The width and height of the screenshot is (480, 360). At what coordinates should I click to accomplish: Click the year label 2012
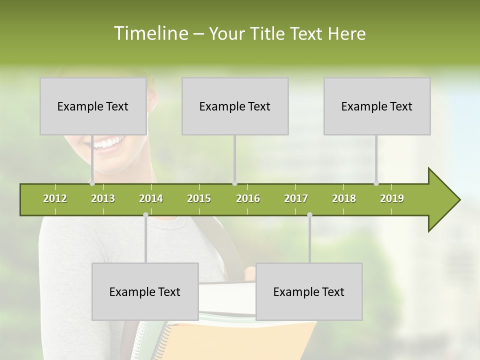[55, 198]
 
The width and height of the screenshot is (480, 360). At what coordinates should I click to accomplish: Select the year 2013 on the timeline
[103, 198]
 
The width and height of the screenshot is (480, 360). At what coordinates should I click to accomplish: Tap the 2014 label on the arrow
[151, 198]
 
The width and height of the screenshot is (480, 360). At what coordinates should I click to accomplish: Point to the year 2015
[199, 198]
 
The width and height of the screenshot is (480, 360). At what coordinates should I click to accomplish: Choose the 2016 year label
[248, 198]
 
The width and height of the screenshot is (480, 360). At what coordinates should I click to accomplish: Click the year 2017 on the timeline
[296, 198]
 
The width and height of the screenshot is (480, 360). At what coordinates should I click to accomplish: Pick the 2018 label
[344, 198]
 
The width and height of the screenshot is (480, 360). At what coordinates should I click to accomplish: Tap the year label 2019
[392, 198]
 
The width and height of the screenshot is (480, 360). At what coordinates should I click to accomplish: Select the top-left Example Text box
[93, 106]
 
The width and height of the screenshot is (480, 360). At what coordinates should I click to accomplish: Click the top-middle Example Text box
[235, 106]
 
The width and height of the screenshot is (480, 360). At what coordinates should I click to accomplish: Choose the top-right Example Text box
[377, 106]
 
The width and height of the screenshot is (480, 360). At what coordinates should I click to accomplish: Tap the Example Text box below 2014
[145, 291]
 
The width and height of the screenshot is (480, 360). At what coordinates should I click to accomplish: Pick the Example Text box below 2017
[309, 291]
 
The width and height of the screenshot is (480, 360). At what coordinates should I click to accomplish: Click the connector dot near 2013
[92, 183]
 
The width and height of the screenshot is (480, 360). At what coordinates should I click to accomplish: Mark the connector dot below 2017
[309, 214]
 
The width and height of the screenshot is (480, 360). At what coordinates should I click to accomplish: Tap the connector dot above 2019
[376, 183]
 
